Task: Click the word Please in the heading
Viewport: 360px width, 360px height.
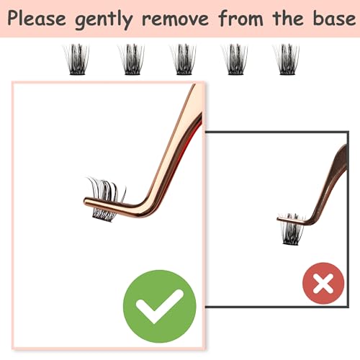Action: pos(37,19)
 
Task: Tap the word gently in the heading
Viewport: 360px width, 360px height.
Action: pos(104,20)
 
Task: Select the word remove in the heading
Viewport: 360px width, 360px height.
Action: pos(176,19)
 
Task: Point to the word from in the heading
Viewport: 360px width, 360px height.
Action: pos(241,18)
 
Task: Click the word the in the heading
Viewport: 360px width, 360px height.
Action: pos(288,18)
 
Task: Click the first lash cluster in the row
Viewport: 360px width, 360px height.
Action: pos(76,59)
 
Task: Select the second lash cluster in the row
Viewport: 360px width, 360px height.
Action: pos(131,59)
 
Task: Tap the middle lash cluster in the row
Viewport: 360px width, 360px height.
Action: pos(183,59)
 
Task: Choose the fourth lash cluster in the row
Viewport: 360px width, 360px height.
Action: pos(235,59)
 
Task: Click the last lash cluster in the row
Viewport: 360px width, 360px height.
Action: pos(287,59)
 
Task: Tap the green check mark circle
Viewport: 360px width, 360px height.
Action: pos(160,306)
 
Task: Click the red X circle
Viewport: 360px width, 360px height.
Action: pos(323,283)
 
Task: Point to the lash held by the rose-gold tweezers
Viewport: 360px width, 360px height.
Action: pos(107,199)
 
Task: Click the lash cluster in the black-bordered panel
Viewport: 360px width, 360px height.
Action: pos(291,229)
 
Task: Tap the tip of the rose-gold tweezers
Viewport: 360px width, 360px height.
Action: pos(85,201)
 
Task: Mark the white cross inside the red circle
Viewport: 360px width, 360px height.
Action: pos(323,284)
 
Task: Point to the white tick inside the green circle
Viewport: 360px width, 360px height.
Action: pos(159,306)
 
